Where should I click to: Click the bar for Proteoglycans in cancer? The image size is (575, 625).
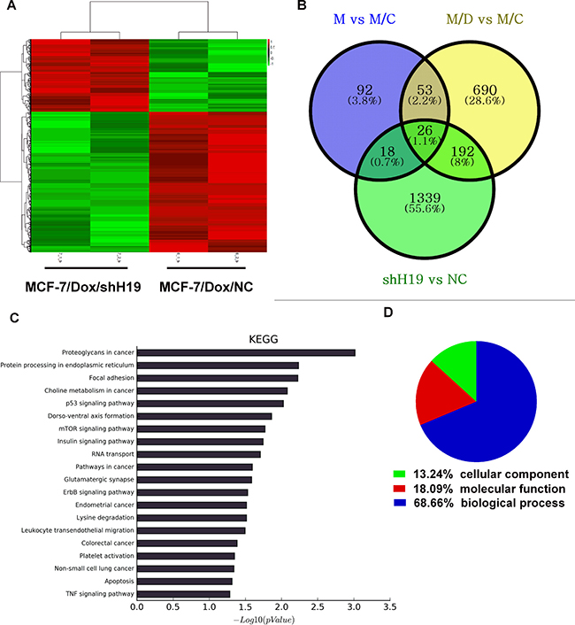[246, 352]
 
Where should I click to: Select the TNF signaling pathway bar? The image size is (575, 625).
[183, 593]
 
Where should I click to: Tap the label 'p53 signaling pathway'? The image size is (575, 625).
[88, 403]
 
